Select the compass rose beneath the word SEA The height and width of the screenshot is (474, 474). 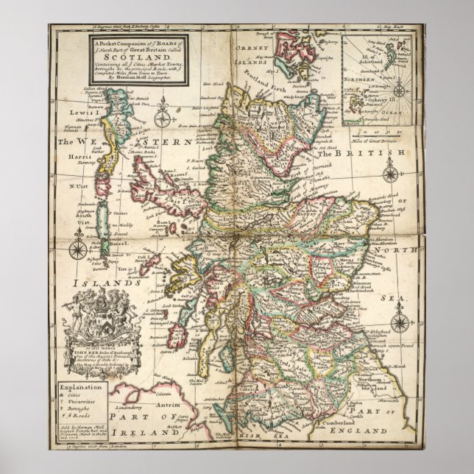[400, 322]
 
